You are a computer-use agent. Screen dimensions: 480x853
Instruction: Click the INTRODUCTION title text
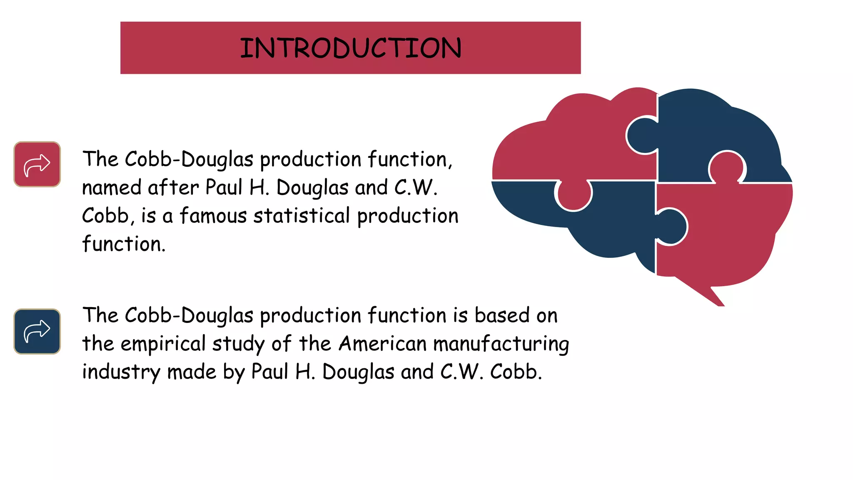tap(350, 48)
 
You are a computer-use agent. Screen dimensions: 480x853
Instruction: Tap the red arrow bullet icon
tap(37, 164)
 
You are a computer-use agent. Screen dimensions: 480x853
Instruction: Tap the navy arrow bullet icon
tap(37, 331)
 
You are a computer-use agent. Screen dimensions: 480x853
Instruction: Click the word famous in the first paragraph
tap(213, 216)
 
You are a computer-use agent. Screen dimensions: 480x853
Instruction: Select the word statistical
tap(302, 216)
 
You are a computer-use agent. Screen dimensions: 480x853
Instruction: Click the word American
tap(383, 344)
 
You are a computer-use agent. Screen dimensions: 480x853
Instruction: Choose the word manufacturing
tap(501, 344)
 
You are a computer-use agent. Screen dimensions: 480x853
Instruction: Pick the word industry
tap(121, 372)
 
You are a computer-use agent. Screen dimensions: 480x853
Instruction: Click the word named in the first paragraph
tap(111, 188)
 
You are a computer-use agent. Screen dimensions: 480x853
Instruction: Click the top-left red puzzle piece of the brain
tap(583, 142)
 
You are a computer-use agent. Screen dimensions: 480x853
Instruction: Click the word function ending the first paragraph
tap(123, 244)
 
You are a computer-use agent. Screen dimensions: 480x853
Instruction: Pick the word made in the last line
tap(192, 372)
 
